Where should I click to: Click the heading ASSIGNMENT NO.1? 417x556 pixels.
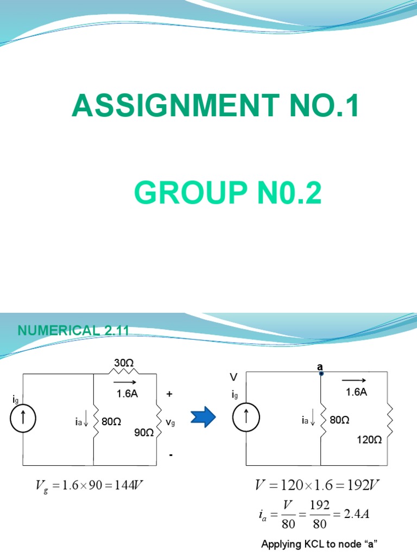click(216, 105)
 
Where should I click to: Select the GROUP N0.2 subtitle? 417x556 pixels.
click(228, 193)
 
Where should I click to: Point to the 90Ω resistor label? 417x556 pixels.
click(144, 433)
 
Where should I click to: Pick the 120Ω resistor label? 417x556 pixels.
click(369, 440)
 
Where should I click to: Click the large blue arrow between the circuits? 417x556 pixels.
click(203, 418)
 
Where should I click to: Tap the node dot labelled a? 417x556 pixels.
click(321, 374)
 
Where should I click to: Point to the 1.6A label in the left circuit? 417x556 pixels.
click(128, 394)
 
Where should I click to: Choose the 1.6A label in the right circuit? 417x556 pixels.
click(356, 392)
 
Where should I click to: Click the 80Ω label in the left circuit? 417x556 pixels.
click(111, 421)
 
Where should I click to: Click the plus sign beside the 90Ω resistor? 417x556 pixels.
click(169, 394)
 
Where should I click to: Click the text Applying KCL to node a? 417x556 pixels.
click(312, 544)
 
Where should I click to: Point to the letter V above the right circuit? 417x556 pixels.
click(234, 376)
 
